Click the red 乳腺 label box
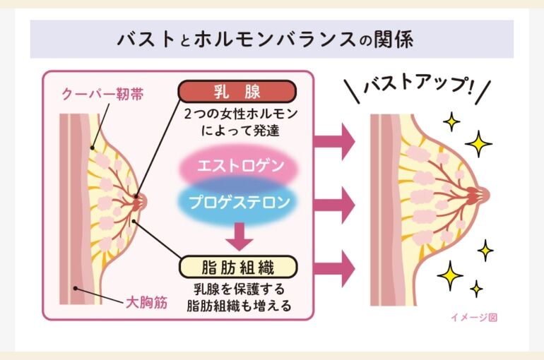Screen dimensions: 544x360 [x=237, y=92]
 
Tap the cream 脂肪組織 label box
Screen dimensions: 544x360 [x=238, y=267]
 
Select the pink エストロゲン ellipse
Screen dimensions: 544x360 [x=239, y=166]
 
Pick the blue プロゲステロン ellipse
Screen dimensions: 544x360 [x=239, y=203]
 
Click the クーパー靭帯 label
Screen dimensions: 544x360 [x=102, y=94]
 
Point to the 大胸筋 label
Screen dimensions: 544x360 [x=147, y=303]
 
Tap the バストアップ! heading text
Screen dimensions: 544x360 [x=418, y=84]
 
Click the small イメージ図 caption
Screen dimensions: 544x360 [x=474, y=317]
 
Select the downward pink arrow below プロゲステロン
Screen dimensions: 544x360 [x=239, y=236]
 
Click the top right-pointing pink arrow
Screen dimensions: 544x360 [x=334, y=141]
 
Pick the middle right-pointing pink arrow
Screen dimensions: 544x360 [x=334, y=205]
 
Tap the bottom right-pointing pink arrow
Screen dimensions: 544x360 [x=334, y=269]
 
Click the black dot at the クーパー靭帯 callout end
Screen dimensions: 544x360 [x=93, y=148]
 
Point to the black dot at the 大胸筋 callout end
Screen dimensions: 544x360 [x=76, y=288]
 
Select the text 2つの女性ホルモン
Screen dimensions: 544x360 [x=241, y=114]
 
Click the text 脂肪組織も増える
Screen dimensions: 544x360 [x=239, y=306]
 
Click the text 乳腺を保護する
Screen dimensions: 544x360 [x=239, y=289]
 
